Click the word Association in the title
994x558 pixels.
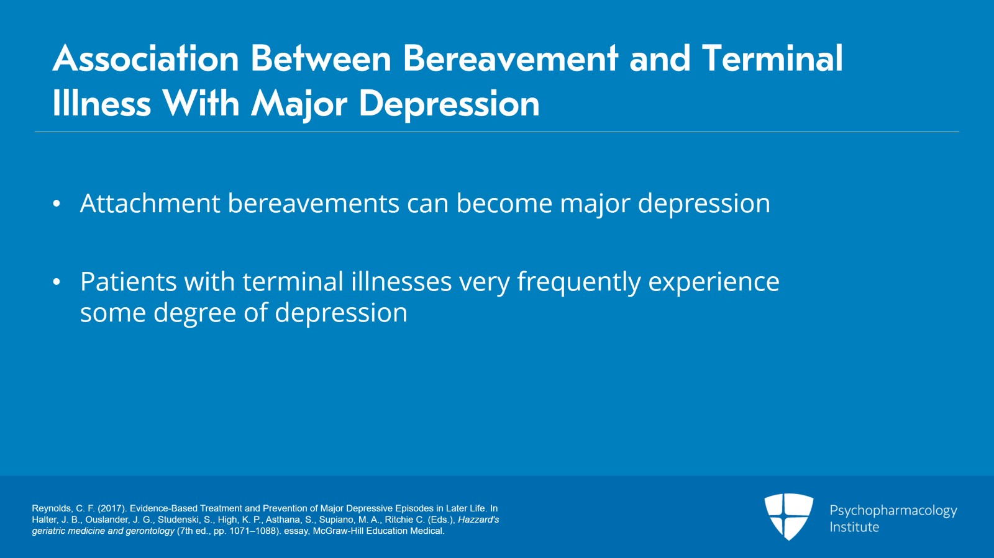pos(146,59)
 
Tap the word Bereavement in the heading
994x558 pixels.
pos(510,59)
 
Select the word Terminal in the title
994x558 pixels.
pos(772,59)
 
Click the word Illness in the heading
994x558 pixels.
pos(102,104)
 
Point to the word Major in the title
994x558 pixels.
pos(299,104)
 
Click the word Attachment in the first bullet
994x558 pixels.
pos(150,204)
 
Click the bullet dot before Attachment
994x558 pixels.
pos(57,204)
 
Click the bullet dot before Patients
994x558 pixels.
pos(57,282)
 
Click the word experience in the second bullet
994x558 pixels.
pos(714,282)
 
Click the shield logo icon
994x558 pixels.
pos(788,516)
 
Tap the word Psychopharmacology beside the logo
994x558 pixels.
pos(893,511)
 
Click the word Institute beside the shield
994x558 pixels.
pos(854,527)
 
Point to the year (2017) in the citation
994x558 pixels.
pos(112,508)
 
